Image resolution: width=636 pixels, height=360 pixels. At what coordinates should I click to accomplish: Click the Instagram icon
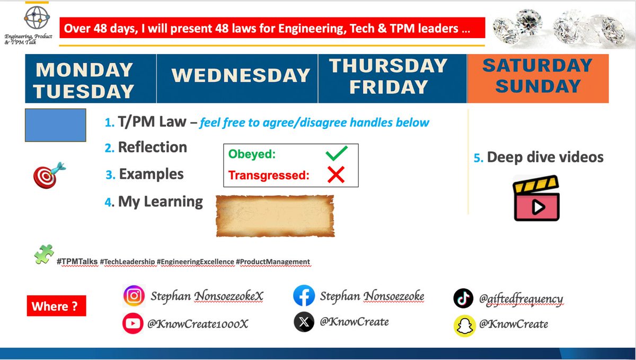click(x=133, y=296)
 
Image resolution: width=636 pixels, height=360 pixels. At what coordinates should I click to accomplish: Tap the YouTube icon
click(x=133, y=322)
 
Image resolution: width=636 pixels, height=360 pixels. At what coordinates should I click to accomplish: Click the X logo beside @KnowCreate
click(x=304, y=322)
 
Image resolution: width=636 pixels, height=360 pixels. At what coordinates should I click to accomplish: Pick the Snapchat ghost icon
click(x=464, y=324)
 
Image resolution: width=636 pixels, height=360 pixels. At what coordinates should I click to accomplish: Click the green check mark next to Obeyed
click(x=337, y=155)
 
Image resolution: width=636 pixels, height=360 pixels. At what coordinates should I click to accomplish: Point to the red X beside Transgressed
click(x=336, y=174)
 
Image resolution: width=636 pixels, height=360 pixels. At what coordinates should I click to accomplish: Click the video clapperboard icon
click(x=537, y=200)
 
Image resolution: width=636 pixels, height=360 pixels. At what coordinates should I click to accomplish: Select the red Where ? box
click(x=56, y=306)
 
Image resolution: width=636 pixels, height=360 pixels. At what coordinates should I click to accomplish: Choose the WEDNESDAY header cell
click(x=240, y=75)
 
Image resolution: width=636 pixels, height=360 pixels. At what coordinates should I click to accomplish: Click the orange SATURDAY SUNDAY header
click(x=537, y=76)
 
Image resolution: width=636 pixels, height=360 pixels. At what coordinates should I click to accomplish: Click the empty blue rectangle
click(x=55, y=125)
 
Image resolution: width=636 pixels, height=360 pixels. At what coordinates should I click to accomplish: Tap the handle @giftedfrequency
click(x=521, y=299)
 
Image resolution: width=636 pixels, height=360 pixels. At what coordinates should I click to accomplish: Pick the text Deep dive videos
click(x=545, y=157)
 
